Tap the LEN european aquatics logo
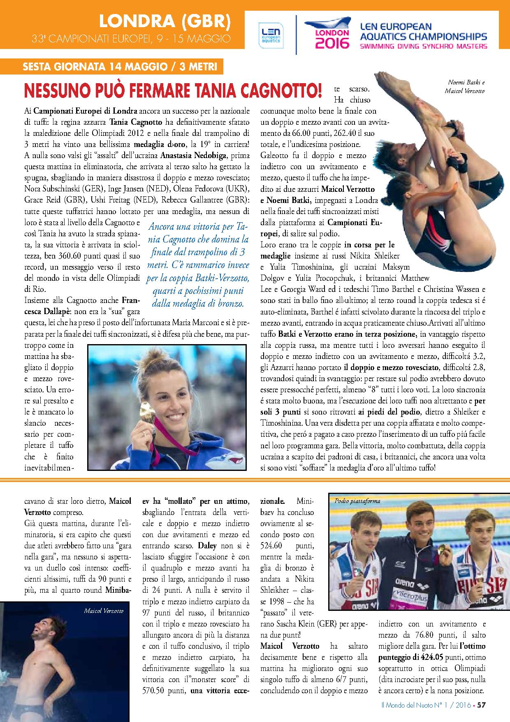(x=270, y=35)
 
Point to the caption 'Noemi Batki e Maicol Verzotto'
(x=465, y=86)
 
